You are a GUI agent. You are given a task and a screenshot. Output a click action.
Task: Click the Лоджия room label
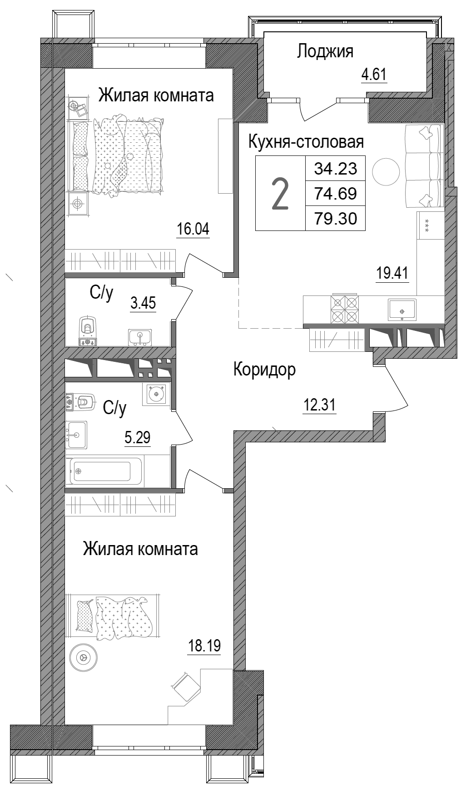tap(325, 51)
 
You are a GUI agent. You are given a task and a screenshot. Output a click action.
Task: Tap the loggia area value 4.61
tap(373, 74)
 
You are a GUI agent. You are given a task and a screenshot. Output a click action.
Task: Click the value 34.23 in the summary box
tap(336, 169)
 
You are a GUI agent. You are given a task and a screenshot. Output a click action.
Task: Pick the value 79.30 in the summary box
tap(336, 219)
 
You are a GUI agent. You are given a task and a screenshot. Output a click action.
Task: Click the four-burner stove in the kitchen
tap(345, 310)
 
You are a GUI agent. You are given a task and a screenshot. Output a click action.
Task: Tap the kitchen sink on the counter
tap(402, 310)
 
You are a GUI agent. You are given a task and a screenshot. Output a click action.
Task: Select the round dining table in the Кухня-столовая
tap(386, 171)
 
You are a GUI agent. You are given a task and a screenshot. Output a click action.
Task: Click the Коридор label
tap(264, 370)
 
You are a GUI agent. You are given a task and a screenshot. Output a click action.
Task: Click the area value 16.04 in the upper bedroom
tap(193, 229)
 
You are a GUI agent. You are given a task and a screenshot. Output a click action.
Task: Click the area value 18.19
tap(204, 646)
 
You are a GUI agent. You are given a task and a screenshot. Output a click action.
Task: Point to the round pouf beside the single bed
tap(83, 657)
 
